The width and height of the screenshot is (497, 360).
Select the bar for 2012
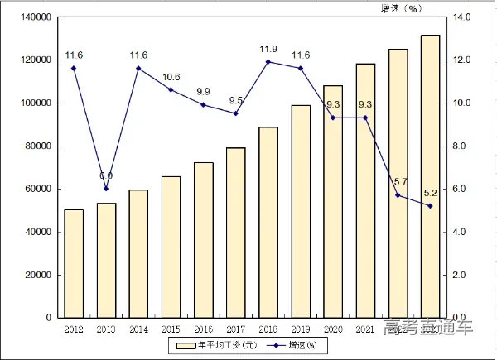pos(74,263)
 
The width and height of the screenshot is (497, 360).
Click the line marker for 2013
pos(106,189)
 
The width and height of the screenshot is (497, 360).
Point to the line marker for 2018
pos(268,62)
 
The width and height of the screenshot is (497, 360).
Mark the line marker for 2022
pos(398,195)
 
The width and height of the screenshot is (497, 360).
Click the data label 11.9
pos(268,48)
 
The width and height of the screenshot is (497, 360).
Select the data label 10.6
pos(171,76)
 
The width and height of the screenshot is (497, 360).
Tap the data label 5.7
pos(398,181)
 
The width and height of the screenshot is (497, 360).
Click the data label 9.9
pos(204,91)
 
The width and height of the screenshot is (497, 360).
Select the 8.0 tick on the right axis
pos(461,146)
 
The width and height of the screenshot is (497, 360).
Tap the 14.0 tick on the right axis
pos(461,17)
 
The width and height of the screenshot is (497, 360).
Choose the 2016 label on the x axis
pos(203,329)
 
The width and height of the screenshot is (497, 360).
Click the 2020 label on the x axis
pos(332,329)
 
